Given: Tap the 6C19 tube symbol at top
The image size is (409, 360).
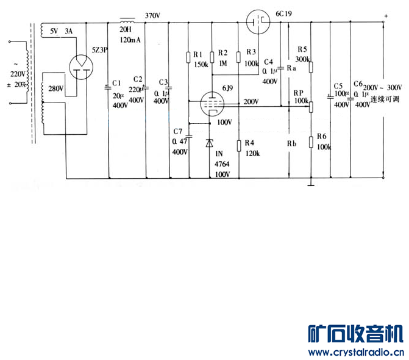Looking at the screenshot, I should click(x=259, y=22).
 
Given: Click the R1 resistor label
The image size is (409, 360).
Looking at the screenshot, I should click(x=198, y=53).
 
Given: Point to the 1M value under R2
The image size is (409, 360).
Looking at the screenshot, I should click(x=222, y=63).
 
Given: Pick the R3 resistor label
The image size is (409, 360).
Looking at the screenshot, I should click(x=251, y=53).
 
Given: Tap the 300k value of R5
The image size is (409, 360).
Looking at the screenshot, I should click(x=302, y=59).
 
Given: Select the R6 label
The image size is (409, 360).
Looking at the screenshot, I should click(x=322, y=135).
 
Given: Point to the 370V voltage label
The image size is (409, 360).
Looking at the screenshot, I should click(x=153, y=15).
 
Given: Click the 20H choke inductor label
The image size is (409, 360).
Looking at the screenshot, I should click(x=126, y=28).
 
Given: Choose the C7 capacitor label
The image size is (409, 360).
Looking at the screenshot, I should click(x=178, y=132).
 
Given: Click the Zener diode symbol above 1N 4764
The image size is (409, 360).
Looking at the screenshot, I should click(x=210, y=143).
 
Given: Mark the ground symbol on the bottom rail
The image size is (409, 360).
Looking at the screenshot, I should click(x=311, y=181).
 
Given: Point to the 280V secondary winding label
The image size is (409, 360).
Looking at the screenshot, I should click(x=55, y=89).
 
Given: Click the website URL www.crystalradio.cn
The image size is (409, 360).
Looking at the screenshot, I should click(x=356, y=353).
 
